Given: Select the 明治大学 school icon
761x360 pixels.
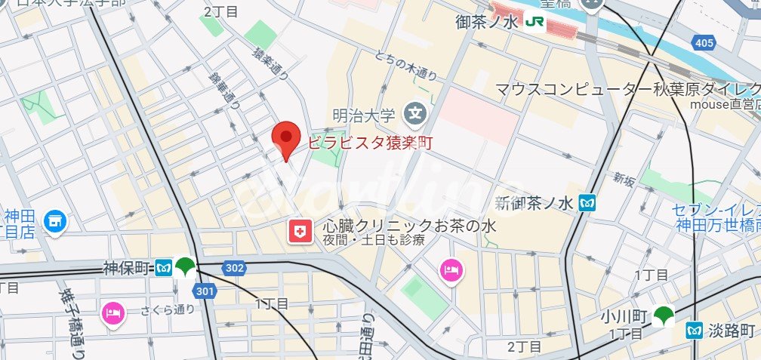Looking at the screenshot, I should click(414, 115).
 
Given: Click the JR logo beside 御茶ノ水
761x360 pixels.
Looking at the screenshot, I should click(532, 23).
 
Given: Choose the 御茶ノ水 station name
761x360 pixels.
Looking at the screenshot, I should click(488, 23).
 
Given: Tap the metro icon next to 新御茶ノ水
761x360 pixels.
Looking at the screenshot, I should click(587, 202).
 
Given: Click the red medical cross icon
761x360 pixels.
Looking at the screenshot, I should click(301, 232).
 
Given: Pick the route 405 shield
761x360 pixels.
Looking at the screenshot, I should click(704, 43).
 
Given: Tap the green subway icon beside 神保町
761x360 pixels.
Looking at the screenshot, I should click(185, 266).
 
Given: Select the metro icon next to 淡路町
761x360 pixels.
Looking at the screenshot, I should click(695, 331).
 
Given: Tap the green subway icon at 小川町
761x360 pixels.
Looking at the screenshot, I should click(664, 315).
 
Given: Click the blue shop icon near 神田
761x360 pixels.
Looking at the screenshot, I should click(54, 221).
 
